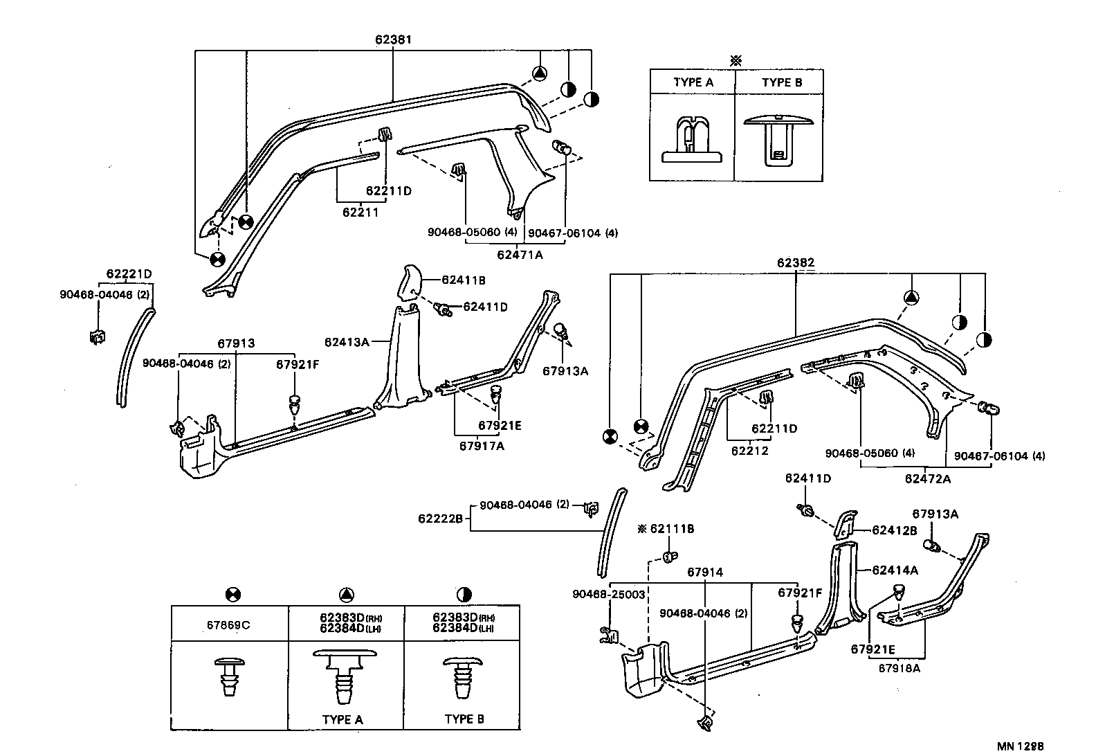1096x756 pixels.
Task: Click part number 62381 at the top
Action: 393,39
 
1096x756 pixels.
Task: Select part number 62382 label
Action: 795,263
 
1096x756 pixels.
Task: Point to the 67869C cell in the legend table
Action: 228,625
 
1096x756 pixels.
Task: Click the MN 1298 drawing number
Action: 1020,746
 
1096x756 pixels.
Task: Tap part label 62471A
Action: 520,255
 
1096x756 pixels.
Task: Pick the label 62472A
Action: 927,478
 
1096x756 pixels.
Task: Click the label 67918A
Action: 899,668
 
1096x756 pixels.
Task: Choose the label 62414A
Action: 895,570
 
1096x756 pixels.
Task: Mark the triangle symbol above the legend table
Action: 347,594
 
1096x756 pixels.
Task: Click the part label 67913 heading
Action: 236,343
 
